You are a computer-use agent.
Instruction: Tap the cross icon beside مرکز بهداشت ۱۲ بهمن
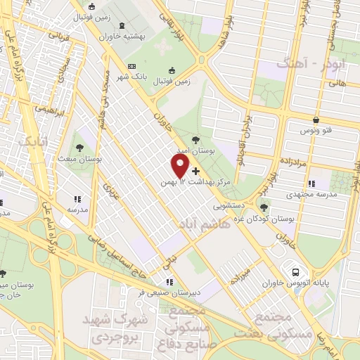(x=195, y=171)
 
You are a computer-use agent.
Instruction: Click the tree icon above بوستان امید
(x=194, y=139)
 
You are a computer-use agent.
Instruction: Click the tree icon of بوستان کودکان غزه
(x=264, y=207)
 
